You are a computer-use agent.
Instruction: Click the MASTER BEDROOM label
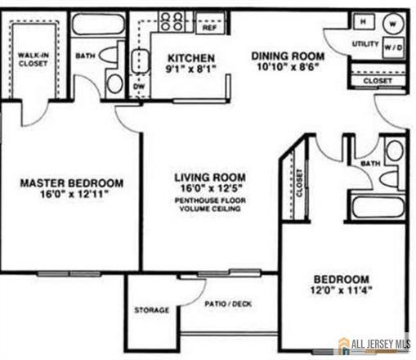(x=72, y=182)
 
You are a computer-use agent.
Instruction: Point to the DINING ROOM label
(x=287, y=56)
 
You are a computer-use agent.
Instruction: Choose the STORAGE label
(x=151, y=310)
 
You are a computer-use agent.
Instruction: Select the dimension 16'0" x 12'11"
(x=72, y=196)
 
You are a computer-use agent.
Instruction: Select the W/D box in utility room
(x=393, y=47)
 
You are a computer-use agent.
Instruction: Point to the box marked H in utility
(x=363, y=20)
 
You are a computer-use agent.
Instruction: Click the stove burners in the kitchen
(x=172, y=20)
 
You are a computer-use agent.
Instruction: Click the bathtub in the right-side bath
(x=378, y=205)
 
